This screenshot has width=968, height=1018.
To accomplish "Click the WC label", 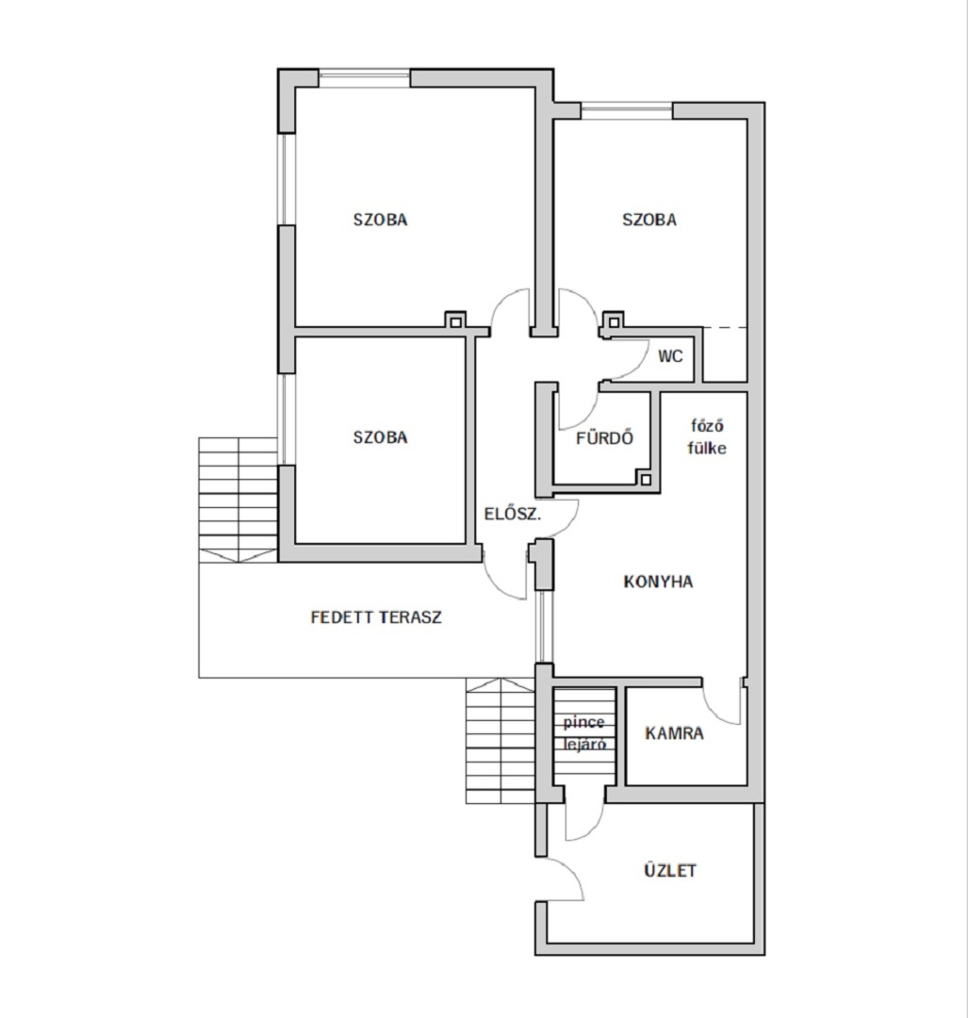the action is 670,355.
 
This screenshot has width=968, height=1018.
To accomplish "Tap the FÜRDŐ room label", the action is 604,438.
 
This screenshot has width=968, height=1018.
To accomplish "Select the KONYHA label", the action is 658,581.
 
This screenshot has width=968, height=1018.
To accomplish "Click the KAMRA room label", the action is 674,733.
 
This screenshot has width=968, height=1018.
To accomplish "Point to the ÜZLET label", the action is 670,870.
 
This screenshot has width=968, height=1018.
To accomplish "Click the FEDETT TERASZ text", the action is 376,616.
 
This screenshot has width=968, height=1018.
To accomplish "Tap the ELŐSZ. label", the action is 513,514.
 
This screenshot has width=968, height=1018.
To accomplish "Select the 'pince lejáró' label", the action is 584,733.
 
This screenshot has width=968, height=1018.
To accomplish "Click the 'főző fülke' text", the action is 707,437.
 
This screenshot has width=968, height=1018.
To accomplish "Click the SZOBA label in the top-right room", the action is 649,220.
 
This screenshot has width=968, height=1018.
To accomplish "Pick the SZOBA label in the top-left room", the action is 381,220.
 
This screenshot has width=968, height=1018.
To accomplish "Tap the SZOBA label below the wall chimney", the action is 381,437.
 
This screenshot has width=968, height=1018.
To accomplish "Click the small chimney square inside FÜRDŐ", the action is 646,480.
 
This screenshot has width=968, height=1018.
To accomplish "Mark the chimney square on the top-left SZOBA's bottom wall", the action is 456,321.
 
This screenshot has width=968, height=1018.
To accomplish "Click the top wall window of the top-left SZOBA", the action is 365,77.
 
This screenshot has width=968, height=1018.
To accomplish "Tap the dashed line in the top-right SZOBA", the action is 725,328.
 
